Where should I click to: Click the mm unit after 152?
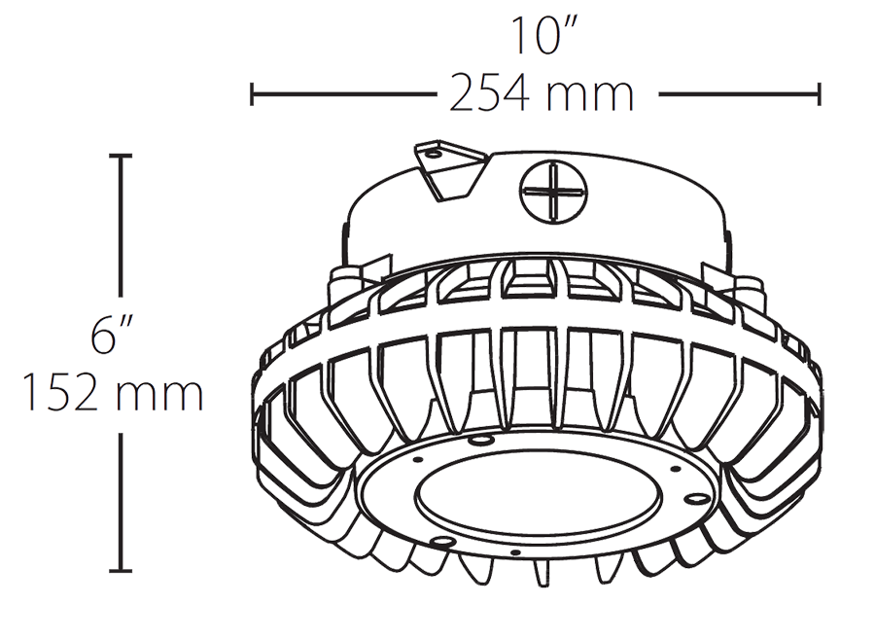[x=161, y=395]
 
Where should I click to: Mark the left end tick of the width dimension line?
[x=252, y=94]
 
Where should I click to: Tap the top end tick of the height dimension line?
[x=121, y=155]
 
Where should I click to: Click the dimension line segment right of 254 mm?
[x=739, y=94]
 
